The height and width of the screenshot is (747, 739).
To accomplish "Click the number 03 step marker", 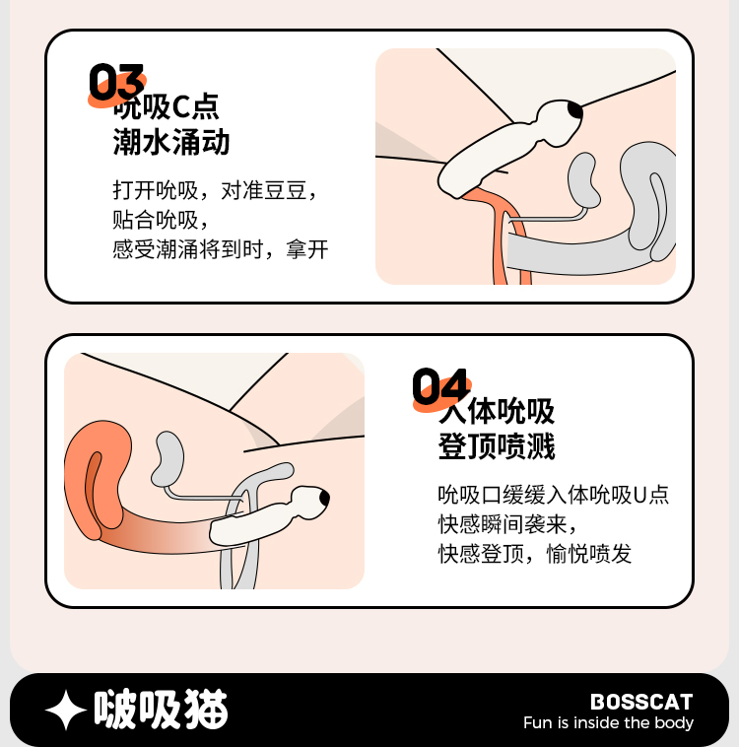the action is [x=116, y=82].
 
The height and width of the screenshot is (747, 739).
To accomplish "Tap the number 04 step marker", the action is [x=440, y=386].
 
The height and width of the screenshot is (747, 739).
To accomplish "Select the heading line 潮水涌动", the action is [x=171, y=142].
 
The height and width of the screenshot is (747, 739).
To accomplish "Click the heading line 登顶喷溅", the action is [x=497, y=446].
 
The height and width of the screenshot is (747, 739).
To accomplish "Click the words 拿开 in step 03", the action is [x=307, y=249].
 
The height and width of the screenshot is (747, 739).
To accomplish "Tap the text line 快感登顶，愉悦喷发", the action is [x=535, y=554].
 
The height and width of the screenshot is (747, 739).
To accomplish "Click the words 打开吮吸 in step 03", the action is [x=156, y=190].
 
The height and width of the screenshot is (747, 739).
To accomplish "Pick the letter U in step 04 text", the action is [x=639, y=496].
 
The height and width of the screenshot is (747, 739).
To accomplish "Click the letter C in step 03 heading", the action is [x=181, y=106].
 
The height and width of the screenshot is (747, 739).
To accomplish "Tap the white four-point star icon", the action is [x=66, y=710].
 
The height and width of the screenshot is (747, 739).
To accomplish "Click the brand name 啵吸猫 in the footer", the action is [x=161, y=709].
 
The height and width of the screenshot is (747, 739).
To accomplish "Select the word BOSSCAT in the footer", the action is [x=641, y=702].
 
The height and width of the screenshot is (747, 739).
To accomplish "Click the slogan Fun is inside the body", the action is [x=608, y=722].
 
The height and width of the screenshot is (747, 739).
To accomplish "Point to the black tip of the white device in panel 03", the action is [x=575, y=110].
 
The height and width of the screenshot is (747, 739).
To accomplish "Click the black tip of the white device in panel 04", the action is [x=324, y=499].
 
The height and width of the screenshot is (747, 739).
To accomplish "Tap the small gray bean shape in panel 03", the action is [x=583, y=180].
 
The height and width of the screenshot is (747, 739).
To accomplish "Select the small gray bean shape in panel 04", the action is [x=168, y=459].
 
